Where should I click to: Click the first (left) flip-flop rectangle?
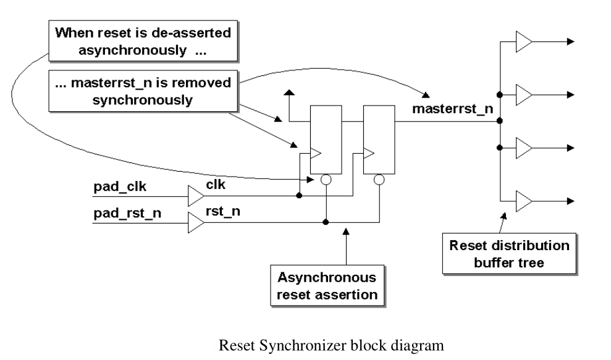[325, 139]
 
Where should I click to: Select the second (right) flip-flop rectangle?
[379, 139]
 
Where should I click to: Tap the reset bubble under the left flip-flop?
[326, 180]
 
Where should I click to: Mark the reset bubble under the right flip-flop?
[379, 180]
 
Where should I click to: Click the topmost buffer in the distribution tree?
[524, 43]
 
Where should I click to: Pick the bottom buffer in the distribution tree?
[524, 201]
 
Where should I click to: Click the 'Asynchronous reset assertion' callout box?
[326, 285]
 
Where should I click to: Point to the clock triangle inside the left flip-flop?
[315, 151]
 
